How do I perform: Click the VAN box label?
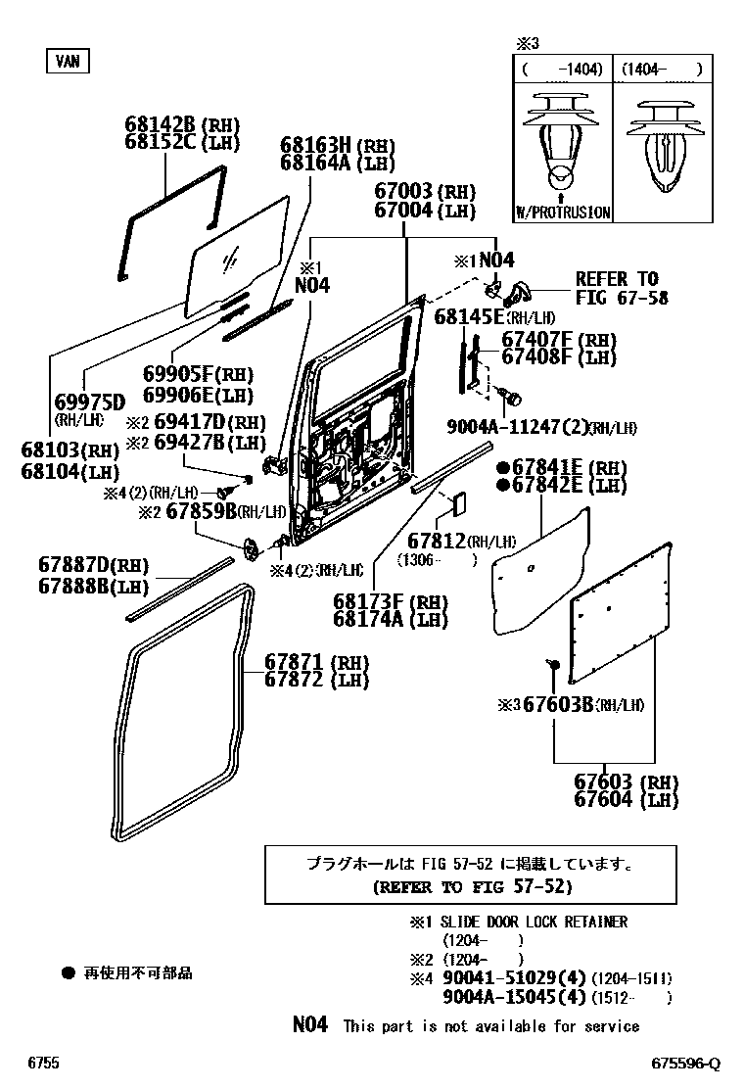67,61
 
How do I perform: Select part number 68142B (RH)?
163,125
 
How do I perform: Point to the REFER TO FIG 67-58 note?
621,288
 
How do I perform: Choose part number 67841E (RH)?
551,469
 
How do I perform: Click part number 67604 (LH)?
612,800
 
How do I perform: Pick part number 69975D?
90,402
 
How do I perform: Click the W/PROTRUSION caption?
562,213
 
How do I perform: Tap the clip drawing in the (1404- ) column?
661,147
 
